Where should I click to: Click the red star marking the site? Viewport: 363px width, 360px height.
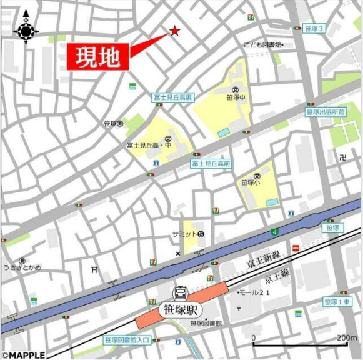click(174, 31)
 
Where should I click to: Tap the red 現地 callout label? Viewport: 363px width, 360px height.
click(97, 58)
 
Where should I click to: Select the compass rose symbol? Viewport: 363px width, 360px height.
click(26, 30)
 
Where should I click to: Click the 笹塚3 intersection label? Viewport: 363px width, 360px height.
click(314, 29)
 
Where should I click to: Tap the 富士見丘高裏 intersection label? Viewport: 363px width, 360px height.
click(173, 97)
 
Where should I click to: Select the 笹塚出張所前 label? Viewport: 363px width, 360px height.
click(326, 112)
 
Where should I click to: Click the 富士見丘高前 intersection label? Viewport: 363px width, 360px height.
click(211, 164)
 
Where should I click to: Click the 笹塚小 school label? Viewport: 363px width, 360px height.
click(251, 182)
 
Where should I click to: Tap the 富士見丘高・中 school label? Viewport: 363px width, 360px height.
click(150, 145)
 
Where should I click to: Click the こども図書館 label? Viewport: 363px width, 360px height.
click(262, 45)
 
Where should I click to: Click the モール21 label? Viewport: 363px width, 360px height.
click(256, 292)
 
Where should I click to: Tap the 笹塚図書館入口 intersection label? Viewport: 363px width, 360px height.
click(127, 339)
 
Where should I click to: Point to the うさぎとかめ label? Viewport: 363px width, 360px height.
click(22, 268)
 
